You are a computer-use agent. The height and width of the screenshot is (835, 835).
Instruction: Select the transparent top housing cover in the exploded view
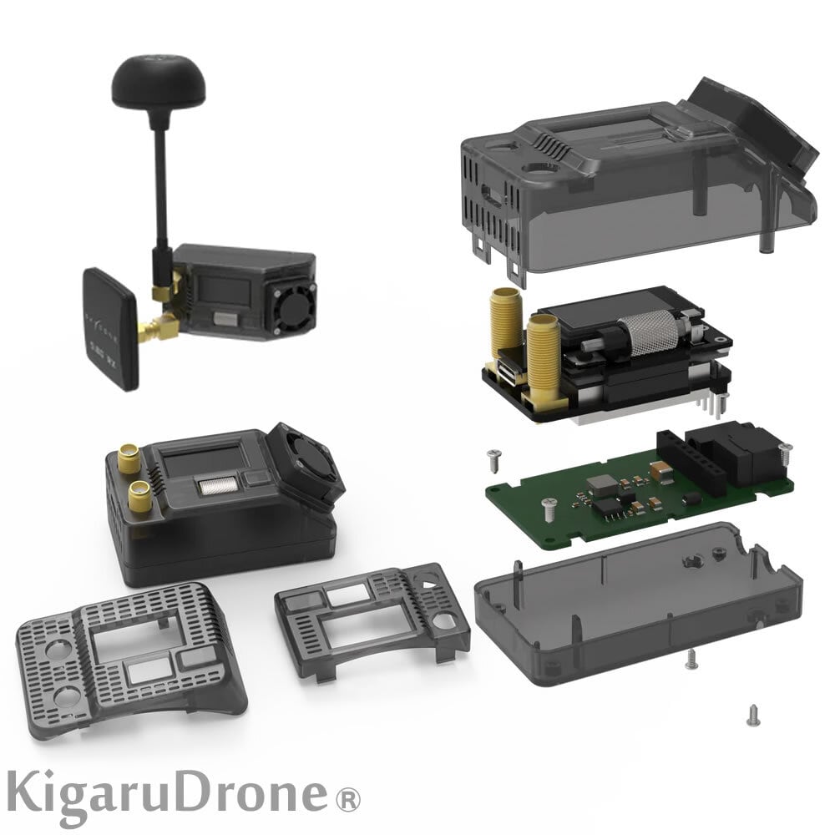[618, 180]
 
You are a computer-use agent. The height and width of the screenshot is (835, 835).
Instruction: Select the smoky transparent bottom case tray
[635, 601]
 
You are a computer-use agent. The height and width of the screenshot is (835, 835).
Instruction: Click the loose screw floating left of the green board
[494, 455]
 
